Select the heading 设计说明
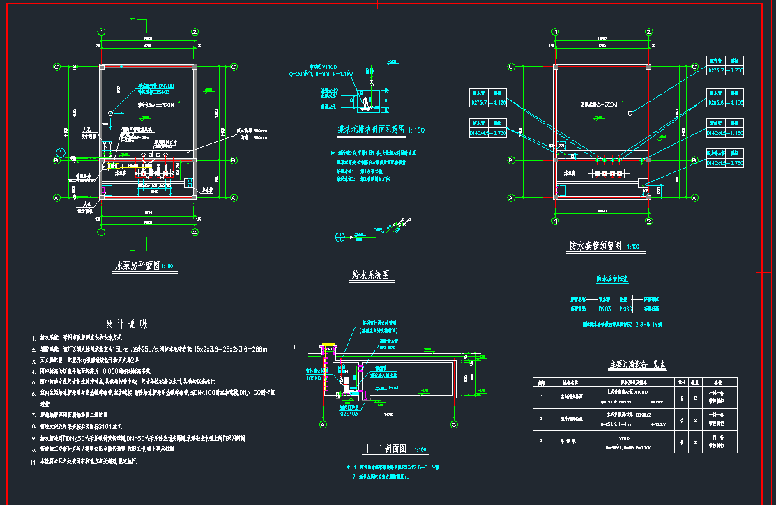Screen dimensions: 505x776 [126, 324]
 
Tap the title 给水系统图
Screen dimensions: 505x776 [370, 275]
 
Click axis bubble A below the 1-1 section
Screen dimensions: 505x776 [323, 424]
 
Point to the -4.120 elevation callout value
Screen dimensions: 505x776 [498, 102]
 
